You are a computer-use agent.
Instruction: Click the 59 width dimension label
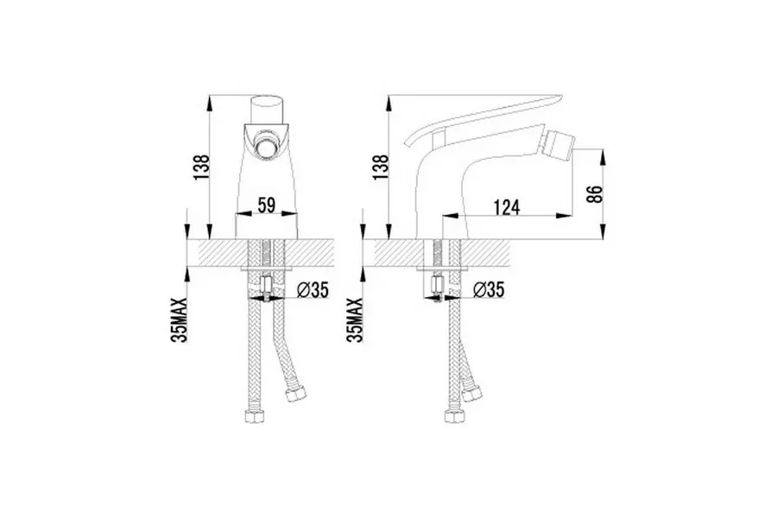pos(267,205)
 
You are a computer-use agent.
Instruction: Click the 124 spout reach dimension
pos(507,207)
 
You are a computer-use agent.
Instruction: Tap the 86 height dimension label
pos(595,193)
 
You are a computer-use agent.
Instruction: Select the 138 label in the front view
pos(202,167)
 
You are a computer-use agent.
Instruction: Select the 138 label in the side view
pos(381,167)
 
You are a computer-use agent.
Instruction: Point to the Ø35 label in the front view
pos(313,290)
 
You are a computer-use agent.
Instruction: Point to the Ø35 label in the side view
pos(489,289)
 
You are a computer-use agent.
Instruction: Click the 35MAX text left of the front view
pos(180,319)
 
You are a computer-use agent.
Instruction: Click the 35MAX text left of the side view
pos(356,319)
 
